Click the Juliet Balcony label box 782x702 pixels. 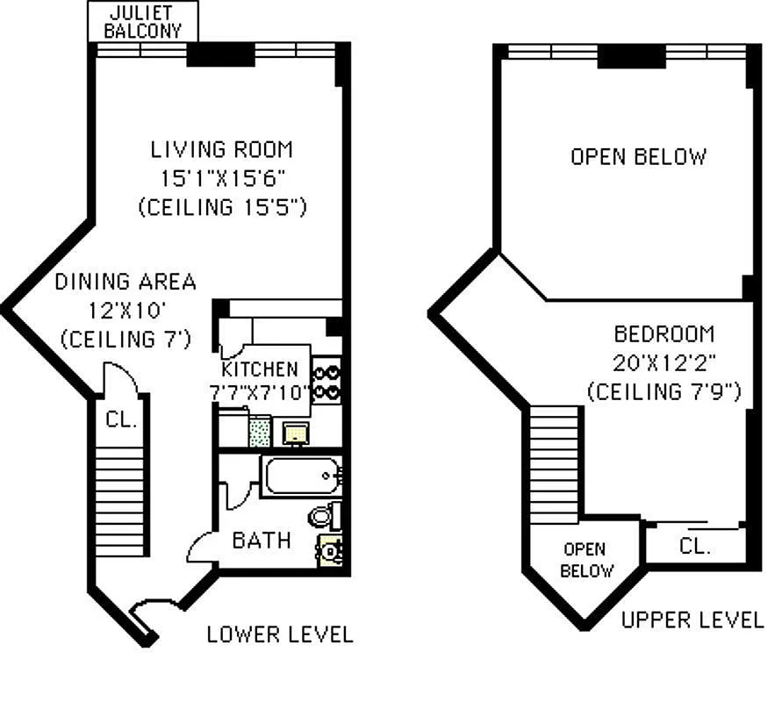pos(143,21)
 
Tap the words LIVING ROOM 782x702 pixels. pos(221,149)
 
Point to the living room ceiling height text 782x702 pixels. pos(221,207)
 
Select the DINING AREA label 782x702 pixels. pos(126,283)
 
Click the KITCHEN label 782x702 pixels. pos(260,369)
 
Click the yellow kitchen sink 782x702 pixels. pos(293,432)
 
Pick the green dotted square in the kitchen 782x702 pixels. pos(260,432)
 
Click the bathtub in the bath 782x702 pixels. pos(301,477)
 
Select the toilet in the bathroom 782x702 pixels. pos(321,515)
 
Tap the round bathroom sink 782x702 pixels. pos(328,551)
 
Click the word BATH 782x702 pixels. pos(261,540)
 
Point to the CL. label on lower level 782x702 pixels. pos(121,419)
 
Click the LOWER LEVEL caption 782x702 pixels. pos(280,634)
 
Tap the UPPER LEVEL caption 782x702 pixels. pos(692,620)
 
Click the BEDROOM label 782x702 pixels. pos(664,334)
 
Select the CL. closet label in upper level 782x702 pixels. pos(694,546)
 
